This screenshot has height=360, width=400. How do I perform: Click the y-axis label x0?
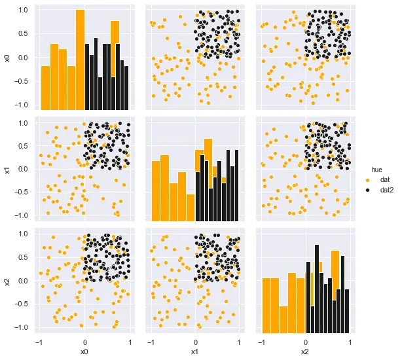[x=7, y=58]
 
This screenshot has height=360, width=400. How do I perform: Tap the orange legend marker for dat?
[x=367, y=179]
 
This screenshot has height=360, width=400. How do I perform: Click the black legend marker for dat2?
[x=367, y=190]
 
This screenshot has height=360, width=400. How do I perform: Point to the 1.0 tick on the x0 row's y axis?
[x=23, y=10]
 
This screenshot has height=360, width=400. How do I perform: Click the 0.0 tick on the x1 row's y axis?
[x=23, y=169]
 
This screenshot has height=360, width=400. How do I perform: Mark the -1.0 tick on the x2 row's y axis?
[x=21, y=327]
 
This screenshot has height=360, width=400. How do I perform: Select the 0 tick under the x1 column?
[x=195, y=342]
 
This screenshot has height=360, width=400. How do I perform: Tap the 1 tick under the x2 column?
[x=350, y=342]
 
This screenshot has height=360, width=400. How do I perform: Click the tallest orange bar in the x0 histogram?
[x=80, y=59]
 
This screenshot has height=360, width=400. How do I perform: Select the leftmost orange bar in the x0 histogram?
[x=45, y=88]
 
